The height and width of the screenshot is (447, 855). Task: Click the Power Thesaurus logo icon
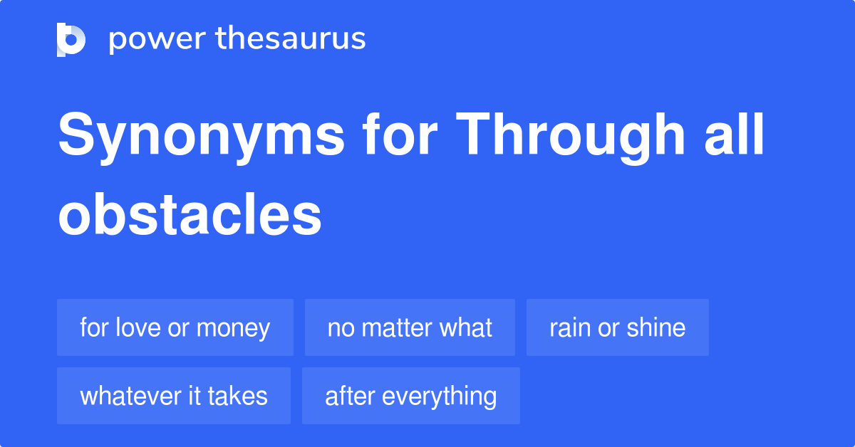[x=71, y=39]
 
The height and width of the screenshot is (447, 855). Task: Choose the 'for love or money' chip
[x=175, y=328]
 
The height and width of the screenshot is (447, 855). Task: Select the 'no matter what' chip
[x=410, y=328]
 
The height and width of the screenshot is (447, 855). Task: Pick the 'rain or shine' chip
[x=617, y=328]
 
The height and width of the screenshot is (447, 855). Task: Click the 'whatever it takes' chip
[x=174, y=396]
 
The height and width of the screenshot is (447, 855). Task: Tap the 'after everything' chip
[x=410, y=396]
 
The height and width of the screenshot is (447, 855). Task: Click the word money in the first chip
[x=233, y=328]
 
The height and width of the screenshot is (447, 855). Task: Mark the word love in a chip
[x=135, y=328]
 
